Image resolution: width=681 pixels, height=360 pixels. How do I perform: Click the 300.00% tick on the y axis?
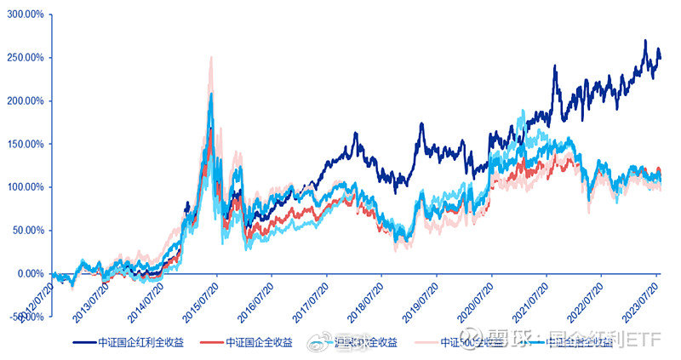point(26,14)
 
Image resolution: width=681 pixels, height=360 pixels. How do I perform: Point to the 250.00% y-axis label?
point(26,58)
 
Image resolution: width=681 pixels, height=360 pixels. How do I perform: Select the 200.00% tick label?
point(26,100)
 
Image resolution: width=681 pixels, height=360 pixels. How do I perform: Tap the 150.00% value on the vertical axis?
point(26,144)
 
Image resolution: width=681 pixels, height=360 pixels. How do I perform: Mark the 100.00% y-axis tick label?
point(26,187)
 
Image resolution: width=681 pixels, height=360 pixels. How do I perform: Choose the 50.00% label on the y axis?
point(28,230)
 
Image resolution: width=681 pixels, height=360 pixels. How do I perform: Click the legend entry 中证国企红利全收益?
point(136,342)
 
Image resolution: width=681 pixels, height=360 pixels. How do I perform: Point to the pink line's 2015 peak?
point(210,57)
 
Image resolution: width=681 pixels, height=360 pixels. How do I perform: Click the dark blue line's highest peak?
point(645,41)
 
